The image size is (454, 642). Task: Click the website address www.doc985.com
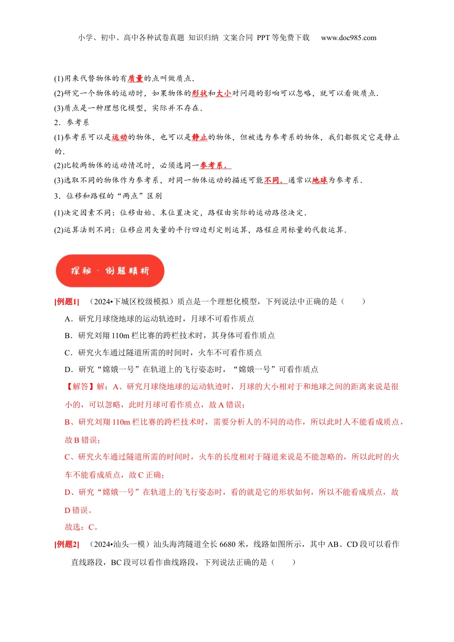348,38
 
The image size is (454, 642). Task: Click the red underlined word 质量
135,78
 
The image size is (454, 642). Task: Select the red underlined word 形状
199,93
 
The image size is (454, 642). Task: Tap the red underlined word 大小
224,93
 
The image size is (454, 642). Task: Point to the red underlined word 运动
119,137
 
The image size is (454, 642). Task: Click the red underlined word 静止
199,137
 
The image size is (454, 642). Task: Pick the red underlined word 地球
320,180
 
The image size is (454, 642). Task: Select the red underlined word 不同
272,180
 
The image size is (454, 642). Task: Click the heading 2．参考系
72,122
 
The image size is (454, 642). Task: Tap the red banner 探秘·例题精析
110,271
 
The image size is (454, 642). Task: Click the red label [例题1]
67,301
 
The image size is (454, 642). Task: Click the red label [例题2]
67,544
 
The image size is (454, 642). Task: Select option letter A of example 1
67,319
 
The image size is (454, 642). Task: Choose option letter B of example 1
67,335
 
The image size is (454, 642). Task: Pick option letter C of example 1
67,353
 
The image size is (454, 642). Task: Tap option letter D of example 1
67,369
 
